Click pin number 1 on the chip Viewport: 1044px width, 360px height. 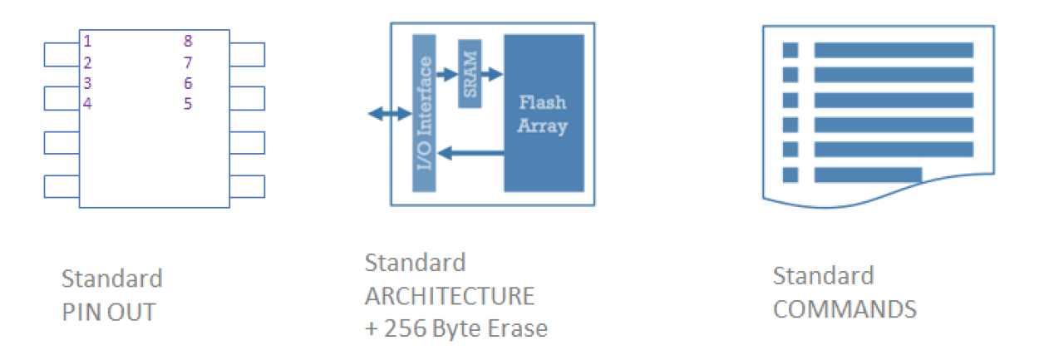(87, 41)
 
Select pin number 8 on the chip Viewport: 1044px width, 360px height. (188, 41)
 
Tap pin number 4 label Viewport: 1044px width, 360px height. (87, 103)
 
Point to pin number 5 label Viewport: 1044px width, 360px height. (188, 104)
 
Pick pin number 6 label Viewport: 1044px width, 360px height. (188, 83)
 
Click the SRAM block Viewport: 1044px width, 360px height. (470, 73)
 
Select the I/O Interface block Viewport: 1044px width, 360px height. (424, 112)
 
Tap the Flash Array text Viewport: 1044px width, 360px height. (543, 115)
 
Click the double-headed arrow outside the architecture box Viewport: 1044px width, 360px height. (389, 114)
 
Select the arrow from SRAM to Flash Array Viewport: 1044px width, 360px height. (492, 74)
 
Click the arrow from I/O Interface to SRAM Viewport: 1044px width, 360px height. (447, 74)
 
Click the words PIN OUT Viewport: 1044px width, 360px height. (108, 312)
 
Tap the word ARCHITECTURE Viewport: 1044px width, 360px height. (450, 296)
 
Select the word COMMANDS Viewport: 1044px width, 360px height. (845, 309)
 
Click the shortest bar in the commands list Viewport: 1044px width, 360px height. (868, 175)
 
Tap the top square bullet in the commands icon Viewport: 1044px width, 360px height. (790, 50)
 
